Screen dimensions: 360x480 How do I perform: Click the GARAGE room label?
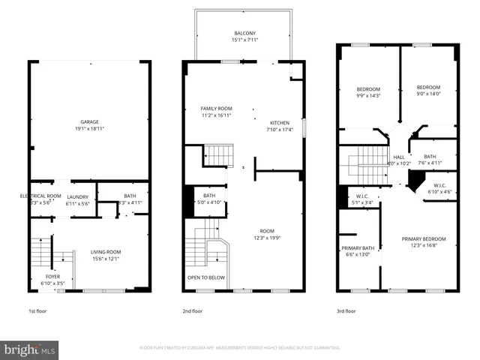pos(90,121)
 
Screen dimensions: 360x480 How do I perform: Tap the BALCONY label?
pos(244,33)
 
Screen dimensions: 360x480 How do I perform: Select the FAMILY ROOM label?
pos(216,109)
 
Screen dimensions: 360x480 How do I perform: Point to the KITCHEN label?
pos(280,123)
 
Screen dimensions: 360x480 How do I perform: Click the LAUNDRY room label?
pos(79,197)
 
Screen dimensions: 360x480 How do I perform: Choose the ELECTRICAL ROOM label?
pos(35,196)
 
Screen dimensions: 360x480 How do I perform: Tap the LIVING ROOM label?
pos(105,252)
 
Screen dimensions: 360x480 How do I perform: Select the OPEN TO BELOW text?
pos(205,277)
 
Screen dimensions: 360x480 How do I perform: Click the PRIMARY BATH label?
pos(358,248)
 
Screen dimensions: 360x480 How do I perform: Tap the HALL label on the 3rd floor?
pos(399,157)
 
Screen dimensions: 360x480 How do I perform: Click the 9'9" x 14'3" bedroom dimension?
pos(368,96)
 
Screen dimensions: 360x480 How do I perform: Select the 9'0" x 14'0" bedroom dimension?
pos(428,94)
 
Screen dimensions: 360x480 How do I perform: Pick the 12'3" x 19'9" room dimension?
pos(268,238)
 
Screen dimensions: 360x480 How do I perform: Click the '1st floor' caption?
pos(38,310)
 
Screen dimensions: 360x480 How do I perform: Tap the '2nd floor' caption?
pos(193,310)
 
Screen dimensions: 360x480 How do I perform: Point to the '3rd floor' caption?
pos(346,310)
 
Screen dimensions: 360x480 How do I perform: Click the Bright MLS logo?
pos(30,349)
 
